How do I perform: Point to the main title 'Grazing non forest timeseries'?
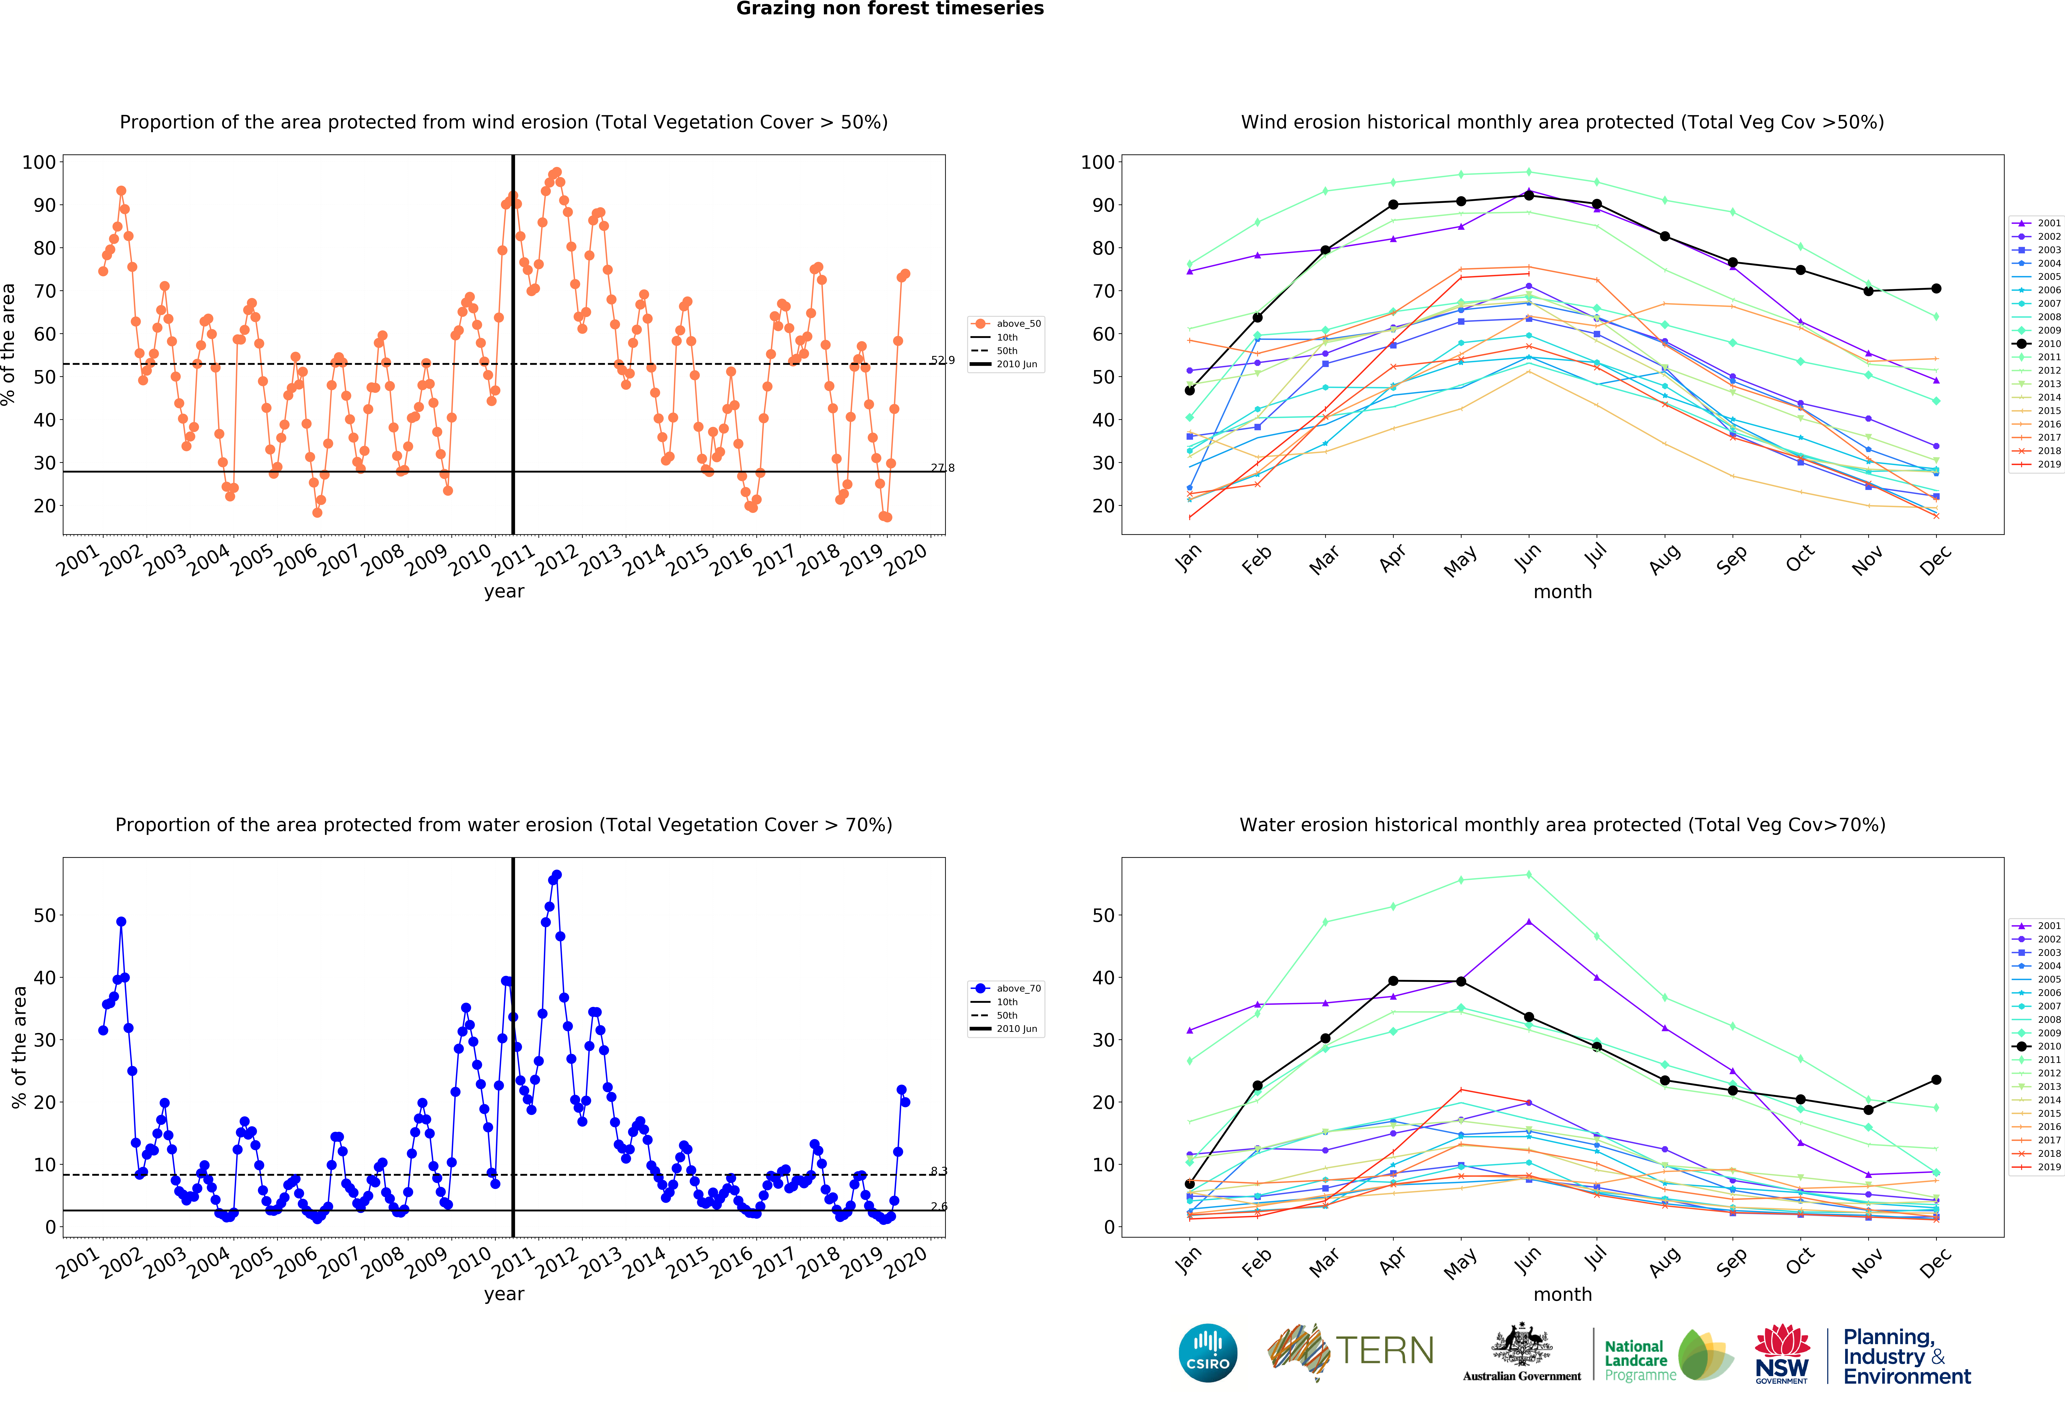[x=889, y=9]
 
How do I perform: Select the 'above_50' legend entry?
[x=1017, y=323]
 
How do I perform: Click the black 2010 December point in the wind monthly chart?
[x=1936, y=289]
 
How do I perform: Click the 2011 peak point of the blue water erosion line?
[x=556, y=875]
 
